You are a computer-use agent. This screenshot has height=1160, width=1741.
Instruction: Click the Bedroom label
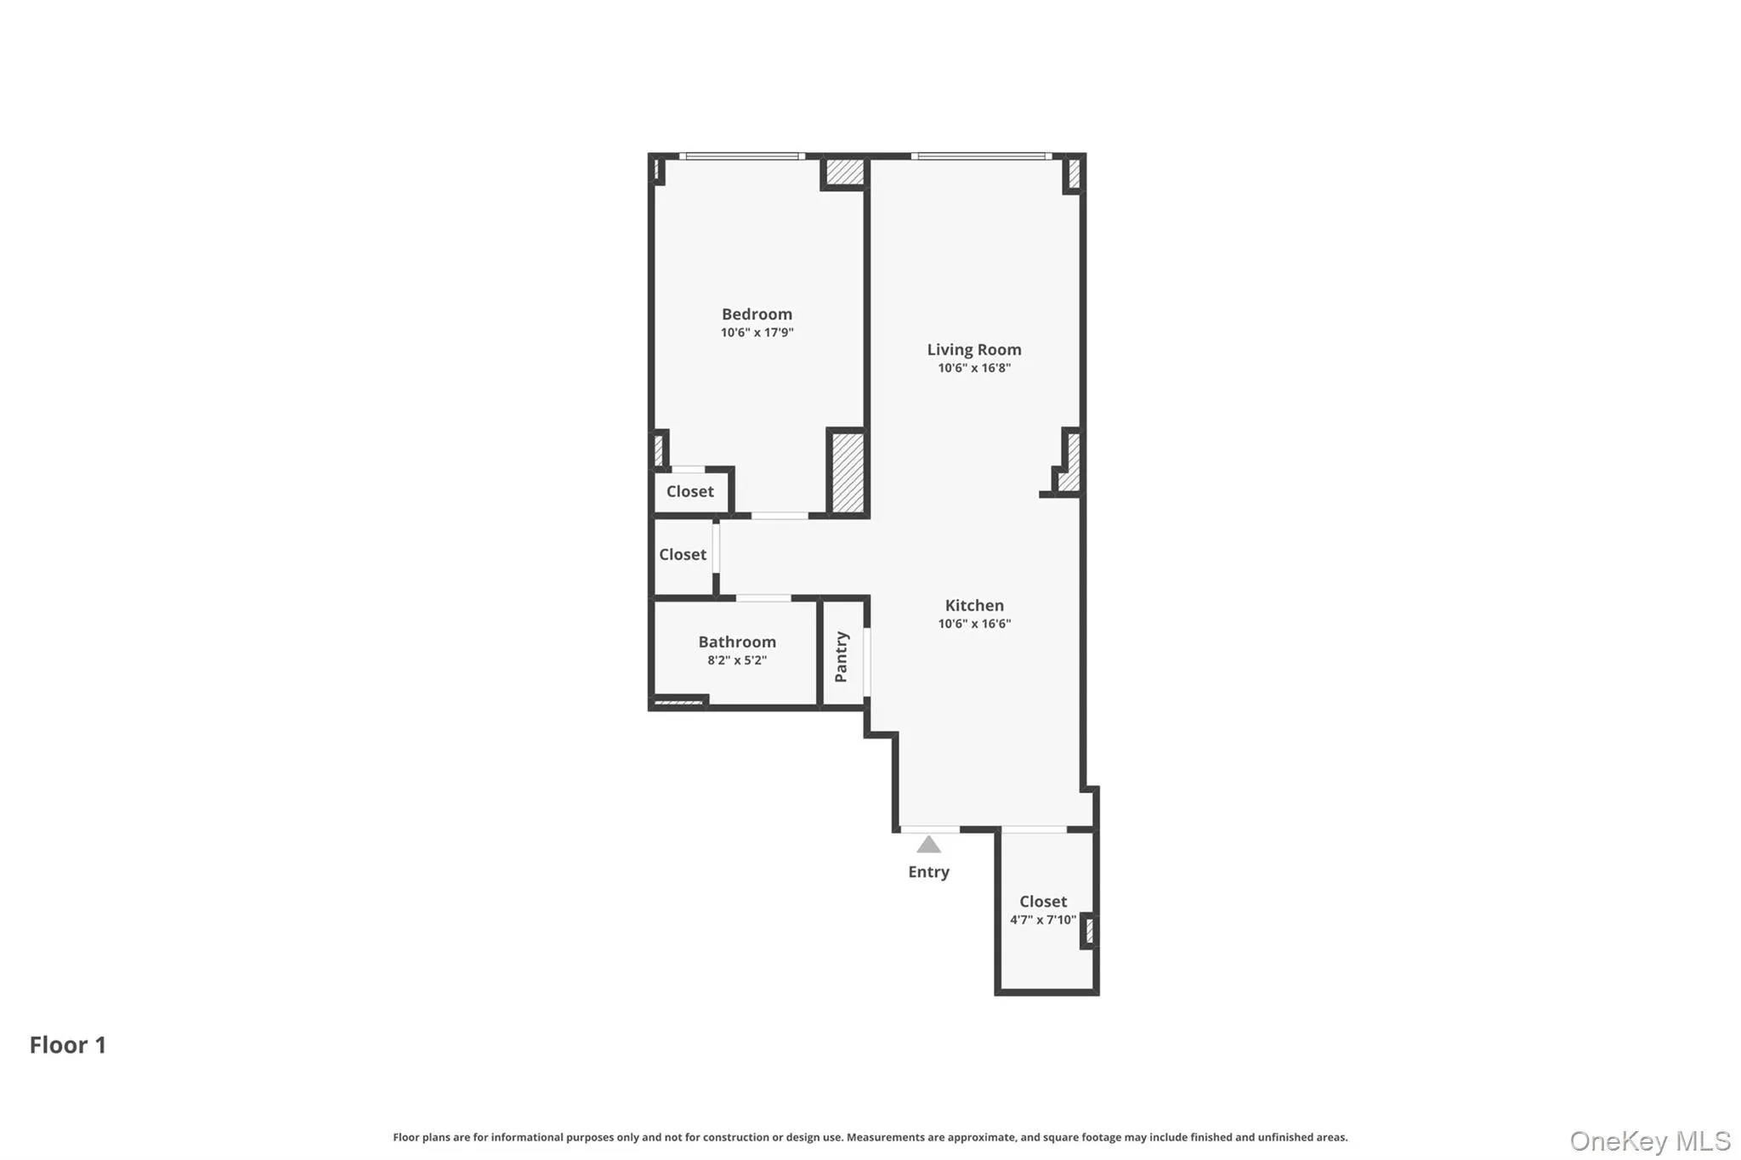[757, 314]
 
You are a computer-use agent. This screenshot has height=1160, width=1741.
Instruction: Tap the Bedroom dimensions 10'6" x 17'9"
[757, 333]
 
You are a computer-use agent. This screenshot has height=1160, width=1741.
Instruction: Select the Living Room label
[973, 349]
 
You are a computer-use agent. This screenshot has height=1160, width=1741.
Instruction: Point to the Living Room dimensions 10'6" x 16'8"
[973, 368]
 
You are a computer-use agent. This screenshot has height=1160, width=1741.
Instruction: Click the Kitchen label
[974, 605]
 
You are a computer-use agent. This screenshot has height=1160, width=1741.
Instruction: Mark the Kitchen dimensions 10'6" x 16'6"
[974, 624]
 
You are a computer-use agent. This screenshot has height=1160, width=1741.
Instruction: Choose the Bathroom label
[737, 642]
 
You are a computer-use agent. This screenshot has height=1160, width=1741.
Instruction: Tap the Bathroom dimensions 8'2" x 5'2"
[737, 660]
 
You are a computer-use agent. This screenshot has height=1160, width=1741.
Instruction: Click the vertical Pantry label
[842, 656]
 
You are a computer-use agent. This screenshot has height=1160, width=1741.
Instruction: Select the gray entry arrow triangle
[928, 845]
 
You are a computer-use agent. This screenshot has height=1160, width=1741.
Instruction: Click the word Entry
[928, 872]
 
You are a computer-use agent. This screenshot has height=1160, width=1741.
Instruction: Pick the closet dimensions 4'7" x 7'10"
[1043, 920]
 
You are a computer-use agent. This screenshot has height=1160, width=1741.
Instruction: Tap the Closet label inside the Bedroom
[689, 491]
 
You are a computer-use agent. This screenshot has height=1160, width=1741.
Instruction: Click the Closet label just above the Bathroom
[683, 554]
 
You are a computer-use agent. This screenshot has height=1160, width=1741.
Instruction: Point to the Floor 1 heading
[68, 1044]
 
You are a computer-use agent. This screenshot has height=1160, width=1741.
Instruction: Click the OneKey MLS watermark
[1649, 1140]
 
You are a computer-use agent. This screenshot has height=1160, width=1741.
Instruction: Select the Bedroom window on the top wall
[742, 156]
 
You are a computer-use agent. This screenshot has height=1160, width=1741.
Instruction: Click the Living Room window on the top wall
[981, 156]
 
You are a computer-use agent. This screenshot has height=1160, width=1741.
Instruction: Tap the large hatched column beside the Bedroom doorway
[848, 472]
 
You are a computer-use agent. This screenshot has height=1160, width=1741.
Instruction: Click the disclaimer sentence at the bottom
[870, 1137]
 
